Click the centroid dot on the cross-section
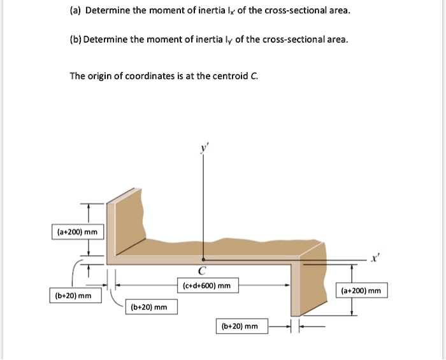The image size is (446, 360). [203, 260]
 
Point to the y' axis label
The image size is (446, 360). [204, 148]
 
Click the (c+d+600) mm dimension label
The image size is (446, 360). [206, 286]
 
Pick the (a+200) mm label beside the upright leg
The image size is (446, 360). [76, 232]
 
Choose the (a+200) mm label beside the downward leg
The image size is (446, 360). [361, 291]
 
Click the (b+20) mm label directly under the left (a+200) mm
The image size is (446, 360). [73, 296]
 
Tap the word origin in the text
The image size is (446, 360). [99, 76]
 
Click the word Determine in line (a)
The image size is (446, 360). [107, 11]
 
